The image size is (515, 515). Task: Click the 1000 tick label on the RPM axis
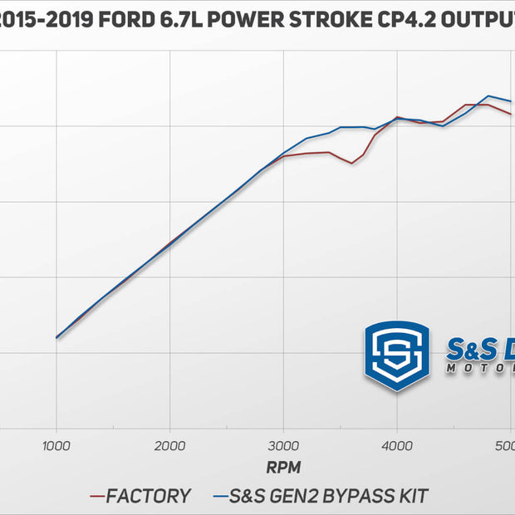tap(56, 445)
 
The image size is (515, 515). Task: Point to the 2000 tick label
tap(170, 445)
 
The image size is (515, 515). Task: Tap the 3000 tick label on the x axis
tap(283, 445)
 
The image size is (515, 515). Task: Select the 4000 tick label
tap(397, 445)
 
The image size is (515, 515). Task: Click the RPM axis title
tap(283, 468)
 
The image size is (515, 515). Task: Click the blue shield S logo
tap(397, 356)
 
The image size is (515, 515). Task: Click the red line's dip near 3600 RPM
tap(352, 163)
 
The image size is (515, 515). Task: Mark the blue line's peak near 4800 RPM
tap(488, 96)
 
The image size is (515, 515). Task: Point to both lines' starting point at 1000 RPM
tap(56, 338)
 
